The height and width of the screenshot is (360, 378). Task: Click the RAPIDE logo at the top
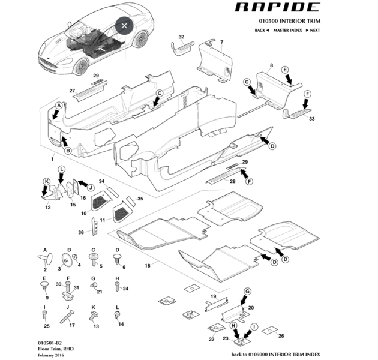[277, 7]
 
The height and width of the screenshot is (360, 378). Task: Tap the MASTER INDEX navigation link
[287, 31]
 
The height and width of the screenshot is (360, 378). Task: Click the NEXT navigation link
[313, 31]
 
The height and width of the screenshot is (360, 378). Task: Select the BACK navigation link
[262, 31]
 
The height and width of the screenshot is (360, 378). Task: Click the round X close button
[124, 26]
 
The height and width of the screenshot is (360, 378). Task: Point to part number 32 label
[181, 37]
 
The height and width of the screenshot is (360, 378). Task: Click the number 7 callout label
[221, 42]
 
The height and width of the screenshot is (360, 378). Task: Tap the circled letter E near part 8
[285, 70]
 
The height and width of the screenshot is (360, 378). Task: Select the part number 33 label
[312, 119]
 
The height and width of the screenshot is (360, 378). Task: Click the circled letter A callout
[59, 106]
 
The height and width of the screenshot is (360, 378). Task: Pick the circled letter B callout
[68, 151]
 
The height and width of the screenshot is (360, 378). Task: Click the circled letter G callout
[247, 291]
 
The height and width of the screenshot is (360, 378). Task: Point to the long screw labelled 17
[67, 317]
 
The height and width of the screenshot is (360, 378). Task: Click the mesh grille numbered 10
[101, 200]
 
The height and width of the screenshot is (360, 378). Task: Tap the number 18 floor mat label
[148, 265]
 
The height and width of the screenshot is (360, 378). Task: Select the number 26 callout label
[281, 336]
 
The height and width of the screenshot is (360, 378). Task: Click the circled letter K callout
[47, 182]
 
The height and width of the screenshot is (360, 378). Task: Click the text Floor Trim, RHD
[56, 349]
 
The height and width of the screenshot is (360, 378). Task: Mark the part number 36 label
[81, 232]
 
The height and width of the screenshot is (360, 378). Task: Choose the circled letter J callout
[91, 188]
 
